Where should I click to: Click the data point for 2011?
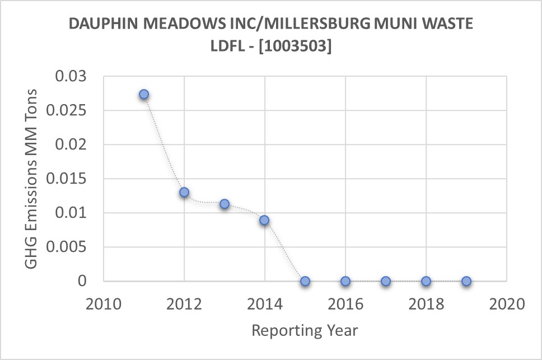click(x=144, y=94)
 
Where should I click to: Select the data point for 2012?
click(x=184, y=192)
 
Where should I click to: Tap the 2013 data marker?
click(x=225, y=204)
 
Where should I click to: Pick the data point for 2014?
click(x=264, y=220)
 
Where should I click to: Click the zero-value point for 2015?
click(x=305, y=281)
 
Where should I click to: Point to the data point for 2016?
click(x=345, y=281)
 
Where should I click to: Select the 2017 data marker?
click(x=386, y=281)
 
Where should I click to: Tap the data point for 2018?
click(x=426, y=281)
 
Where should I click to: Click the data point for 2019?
click(x=466, y=281)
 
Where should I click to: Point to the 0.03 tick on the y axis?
click(x=72, y=76)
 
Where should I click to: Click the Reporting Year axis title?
click(x=305, y=330)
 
